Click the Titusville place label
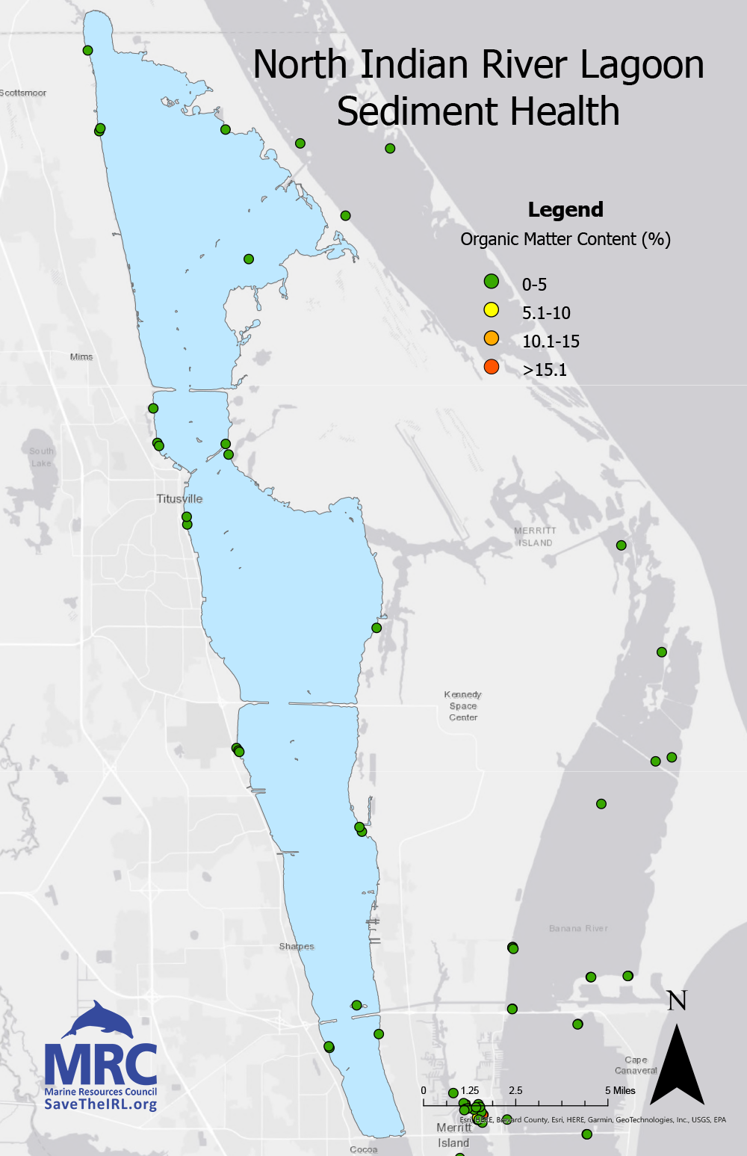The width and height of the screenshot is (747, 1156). (179, 498)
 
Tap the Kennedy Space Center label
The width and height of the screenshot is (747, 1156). (463, 705)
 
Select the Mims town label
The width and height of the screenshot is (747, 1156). (81, 356)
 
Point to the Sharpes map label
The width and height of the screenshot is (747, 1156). (297, 946)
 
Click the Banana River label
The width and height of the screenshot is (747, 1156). (578, 928)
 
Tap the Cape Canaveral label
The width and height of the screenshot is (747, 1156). (636, 1065)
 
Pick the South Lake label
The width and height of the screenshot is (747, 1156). (42, 457)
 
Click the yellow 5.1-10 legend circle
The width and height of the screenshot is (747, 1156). (491, 309)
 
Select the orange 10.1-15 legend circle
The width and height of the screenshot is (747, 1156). (491, 338)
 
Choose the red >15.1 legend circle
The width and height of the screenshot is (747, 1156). (491, 366)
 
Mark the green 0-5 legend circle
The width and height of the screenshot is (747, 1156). (491, 281)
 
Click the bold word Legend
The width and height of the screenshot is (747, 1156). (565, 210)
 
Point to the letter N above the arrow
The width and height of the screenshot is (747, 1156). (677, 1001)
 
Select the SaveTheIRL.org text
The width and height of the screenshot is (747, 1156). (101, 1104)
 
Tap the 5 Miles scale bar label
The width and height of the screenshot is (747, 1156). (620, 1090)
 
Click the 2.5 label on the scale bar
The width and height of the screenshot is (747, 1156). (515, 1090)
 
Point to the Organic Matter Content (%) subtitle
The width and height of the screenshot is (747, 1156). (565, 239)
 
